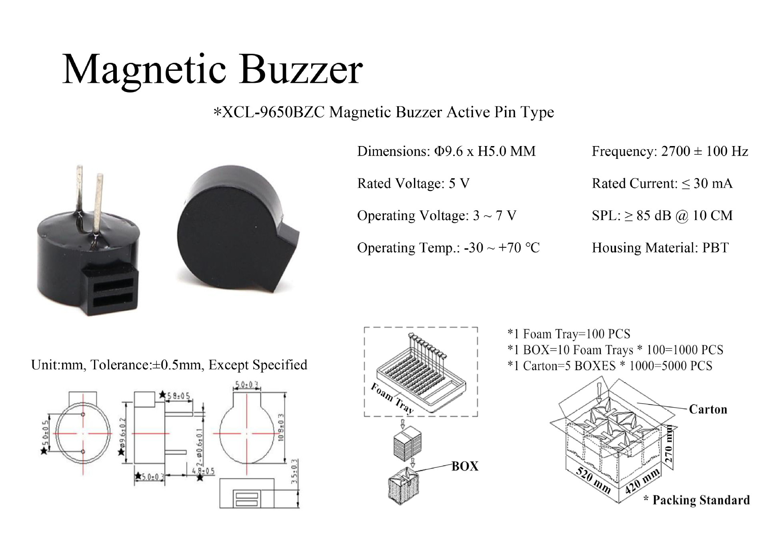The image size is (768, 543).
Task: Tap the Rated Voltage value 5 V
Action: pos(459,184)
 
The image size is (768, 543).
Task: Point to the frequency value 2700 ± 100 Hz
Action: pos(704,152)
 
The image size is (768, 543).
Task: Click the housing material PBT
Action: pos(715,248)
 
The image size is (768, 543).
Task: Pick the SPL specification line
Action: pos(662,216)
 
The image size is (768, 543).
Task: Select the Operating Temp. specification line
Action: pos(448,248)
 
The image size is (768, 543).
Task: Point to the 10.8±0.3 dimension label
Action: pos(281,427)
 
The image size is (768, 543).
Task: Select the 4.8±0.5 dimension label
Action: pos(203,471)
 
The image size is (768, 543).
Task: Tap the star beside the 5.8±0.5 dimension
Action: pos(162,395)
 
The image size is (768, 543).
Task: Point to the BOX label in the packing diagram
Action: pos(465,466)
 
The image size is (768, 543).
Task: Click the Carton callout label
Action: pos(708,409)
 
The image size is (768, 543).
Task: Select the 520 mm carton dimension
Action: pos(593,479)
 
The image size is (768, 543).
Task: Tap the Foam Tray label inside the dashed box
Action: pos(392,397)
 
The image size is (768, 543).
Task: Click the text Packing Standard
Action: pos(701,500)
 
